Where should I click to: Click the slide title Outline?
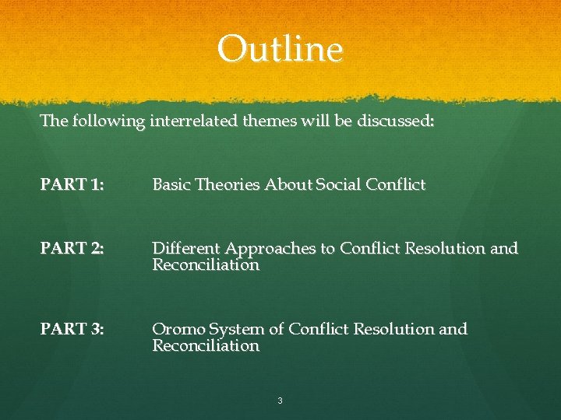280,50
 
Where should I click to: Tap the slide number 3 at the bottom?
280,401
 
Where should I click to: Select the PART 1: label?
73,185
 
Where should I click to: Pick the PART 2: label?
73,249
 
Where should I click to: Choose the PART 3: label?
73,329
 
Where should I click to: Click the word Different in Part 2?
185,249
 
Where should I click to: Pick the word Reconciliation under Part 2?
206,265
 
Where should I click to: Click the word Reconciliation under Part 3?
206,345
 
